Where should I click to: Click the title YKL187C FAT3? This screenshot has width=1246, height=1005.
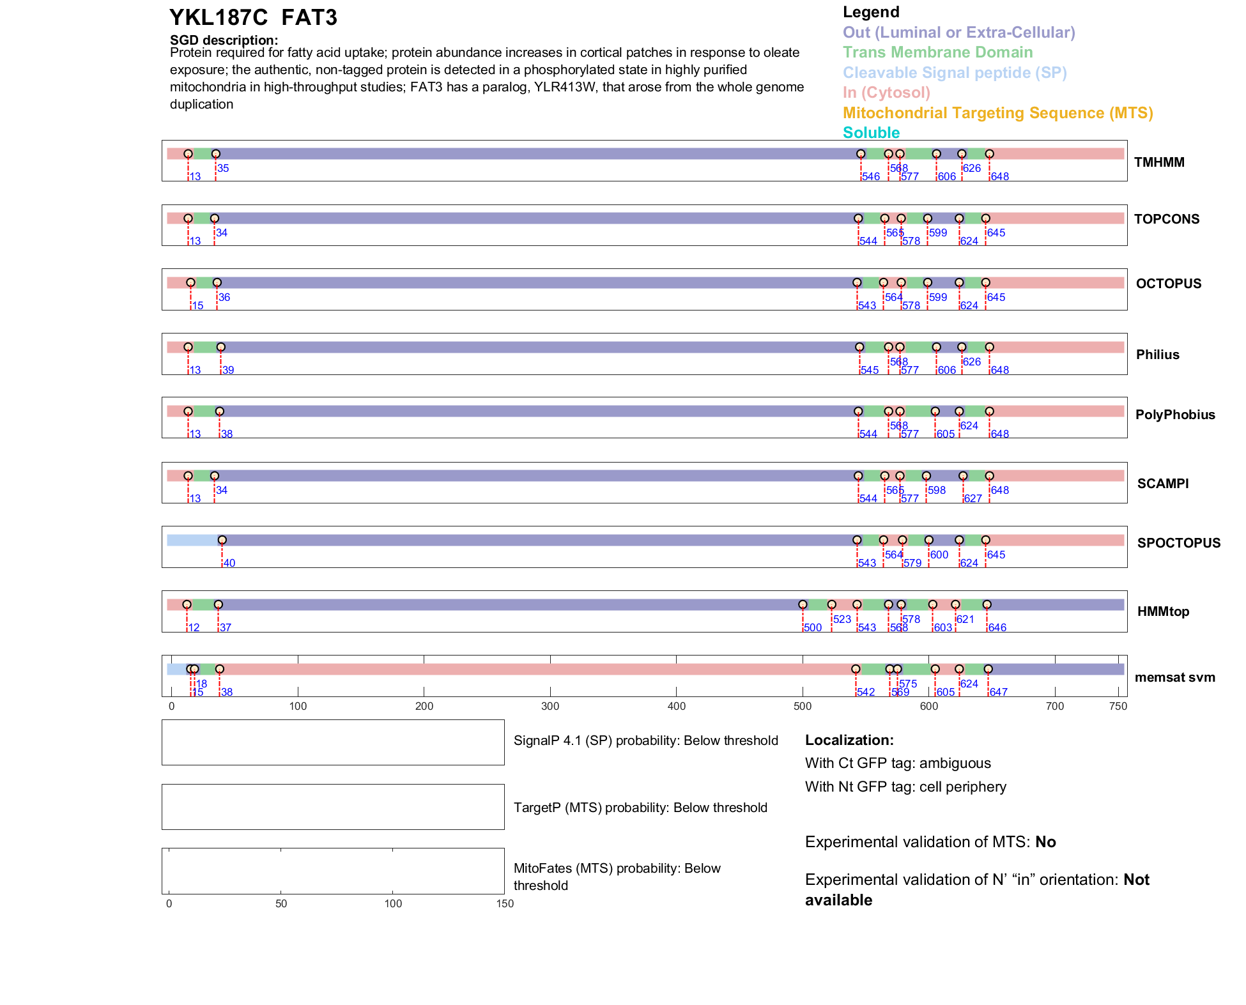coord(253,18)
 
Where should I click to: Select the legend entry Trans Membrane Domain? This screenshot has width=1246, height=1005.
coord(937,52)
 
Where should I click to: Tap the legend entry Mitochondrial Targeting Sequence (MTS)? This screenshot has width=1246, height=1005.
coord(997,113)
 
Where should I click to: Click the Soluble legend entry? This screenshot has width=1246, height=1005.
coord(871,133)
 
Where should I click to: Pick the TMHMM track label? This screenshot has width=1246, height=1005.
coord(1159,162)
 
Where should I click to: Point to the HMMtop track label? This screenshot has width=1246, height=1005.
coord(1163,611)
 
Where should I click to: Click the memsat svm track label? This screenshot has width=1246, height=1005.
coord(1174,677)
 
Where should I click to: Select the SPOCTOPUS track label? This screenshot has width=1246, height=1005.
coord(1178,543)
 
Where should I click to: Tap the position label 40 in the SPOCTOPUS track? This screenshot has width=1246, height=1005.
coord(229,564)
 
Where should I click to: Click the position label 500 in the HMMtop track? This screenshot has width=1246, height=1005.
coord(813,628)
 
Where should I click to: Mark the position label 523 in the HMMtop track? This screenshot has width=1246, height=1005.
coord(842,620)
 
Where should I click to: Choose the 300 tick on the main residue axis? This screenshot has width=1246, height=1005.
coord(550,707)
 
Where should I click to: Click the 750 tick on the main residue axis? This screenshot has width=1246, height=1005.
coord(1118,707)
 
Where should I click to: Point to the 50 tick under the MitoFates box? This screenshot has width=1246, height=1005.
coord(281,904)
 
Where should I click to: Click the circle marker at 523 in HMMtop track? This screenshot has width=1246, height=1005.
coord(831,604)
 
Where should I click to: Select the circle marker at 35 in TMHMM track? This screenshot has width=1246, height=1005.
coord(216,154)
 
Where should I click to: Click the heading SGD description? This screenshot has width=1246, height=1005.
coord(224,40)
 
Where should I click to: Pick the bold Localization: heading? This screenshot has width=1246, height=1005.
coord(849,740)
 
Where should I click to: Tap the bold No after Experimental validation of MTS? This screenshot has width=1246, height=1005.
coord(1045,842)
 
